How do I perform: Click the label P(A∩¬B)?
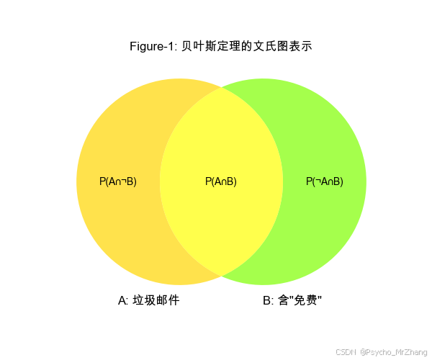118,181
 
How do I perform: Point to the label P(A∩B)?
221,181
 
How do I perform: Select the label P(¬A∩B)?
325,181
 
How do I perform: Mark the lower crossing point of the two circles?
221,276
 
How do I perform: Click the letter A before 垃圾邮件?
122,300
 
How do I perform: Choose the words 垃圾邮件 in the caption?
156,300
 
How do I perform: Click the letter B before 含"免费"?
266,300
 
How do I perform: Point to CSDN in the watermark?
346,351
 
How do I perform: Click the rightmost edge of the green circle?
366,181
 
